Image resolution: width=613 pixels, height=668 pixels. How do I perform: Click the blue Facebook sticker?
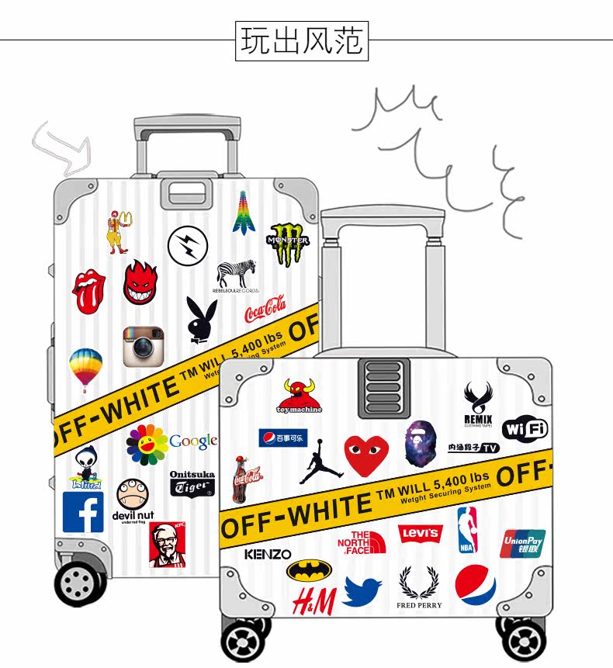83,512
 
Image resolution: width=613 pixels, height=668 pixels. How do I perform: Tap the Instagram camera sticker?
144,346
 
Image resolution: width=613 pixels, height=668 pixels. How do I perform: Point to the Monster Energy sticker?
289,244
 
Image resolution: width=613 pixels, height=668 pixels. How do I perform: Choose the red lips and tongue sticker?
89,291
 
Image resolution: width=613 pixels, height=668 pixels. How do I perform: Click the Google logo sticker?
192,441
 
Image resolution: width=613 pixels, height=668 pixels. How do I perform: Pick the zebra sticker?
236,275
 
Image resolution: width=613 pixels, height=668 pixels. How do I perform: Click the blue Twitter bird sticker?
362,591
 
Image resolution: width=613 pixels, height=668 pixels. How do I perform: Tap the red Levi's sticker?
419,534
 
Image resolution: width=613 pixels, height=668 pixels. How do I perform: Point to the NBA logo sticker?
467,530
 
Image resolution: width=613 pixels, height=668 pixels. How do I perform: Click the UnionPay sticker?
522,543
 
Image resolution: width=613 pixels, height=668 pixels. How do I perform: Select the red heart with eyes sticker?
366,455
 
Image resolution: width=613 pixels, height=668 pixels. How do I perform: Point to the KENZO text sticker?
268,554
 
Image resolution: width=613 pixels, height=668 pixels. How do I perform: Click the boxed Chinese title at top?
302,41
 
